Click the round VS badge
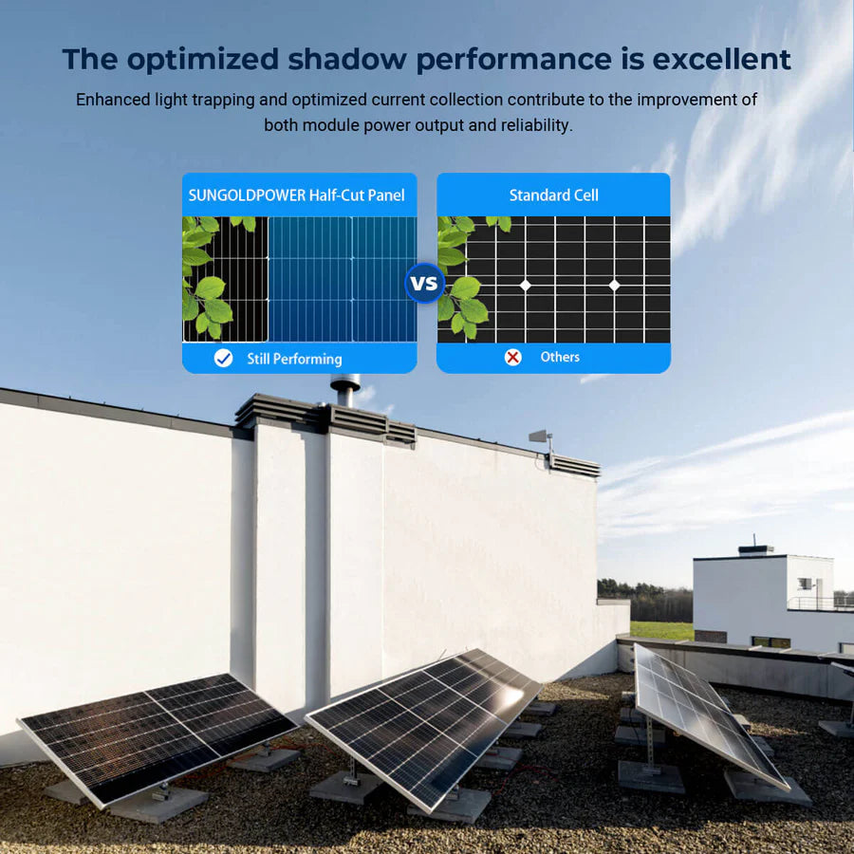424,283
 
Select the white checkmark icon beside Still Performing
223,358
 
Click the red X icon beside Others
513,357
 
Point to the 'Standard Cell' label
553,195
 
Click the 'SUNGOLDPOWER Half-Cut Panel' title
297,195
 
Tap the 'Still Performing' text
294,359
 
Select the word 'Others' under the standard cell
560,357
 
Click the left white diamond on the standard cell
525,285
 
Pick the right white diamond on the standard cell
614,285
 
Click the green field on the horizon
661,630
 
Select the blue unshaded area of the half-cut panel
342,279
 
